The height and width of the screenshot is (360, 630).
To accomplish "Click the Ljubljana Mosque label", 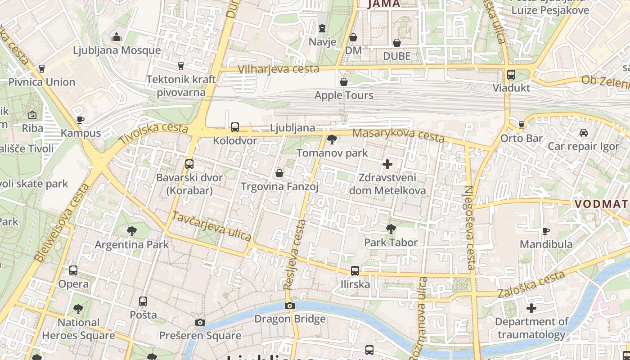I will point(117,50).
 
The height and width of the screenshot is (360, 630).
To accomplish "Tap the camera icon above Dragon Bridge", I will point(290,306).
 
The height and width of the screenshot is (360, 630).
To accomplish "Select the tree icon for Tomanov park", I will point(332,139).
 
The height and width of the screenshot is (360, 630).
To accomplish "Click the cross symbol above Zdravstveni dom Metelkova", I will point(387,164).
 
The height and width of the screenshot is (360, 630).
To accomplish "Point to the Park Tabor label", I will point(391,243).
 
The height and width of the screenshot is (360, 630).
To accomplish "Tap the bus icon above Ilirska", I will point(355,271).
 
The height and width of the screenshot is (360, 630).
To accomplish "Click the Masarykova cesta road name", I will point(398,135).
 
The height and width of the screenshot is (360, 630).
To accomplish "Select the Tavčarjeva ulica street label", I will point(211,226).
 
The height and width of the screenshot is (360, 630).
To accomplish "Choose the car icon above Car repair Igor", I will point(584,133).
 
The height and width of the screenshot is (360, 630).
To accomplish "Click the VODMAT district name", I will point(601,204).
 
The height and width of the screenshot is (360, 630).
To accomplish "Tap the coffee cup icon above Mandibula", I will point(546,231).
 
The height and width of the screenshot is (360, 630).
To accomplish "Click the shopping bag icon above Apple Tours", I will point(344,82).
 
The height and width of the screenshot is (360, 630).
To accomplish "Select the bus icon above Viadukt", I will point(511,75).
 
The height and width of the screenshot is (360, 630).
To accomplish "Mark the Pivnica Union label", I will point(42,82).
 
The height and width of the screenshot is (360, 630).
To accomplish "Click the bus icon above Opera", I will point(73,270).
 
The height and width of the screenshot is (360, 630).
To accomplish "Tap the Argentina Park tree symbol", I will point(132,231).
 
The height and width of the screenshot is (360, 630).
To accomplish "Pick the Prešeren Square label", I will point(200,336).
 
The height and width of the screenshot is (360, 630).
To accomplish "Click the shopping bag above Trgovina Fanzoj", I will point(279,173).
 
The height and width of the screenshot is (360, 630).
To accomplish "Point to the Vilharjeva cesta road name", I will point(279,69).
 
